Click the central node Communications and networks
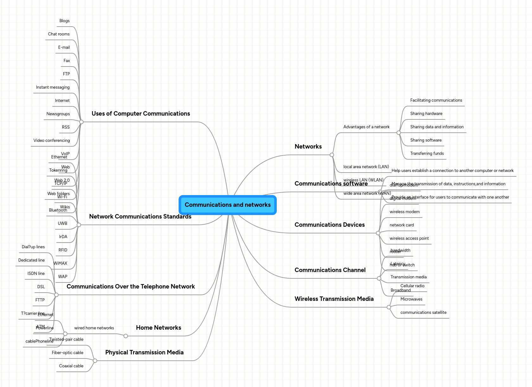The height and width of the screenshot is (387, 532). pyautogui.click(x=228, y=205)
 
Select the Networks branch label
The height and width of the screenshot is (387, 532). pyautogui.click(x=308, y=147)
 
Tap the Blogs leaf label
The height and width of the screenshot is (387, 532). pyautogui.click(x=64, y=21)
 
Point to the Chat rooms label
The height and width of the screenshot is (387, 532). pyautogui.click(x=59, y=34)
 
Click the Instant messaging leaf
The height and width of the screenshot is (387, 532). pyautogui.click(x=53, y=87)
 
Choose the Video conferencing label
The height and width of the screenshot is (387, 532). pyautogui.click(x=52, y=141)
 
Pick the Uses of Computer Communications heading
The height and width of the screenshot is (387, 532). pyautogui.click(x=141, y=114)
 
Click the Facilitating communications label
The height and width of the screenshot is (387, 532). pyautogui.click(x=436, y=100)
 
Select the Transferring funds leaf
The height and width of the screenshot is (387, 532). pyautogui.click(x=427, y=154)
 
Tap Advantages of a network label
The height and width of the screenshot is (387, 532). pyautogui.click(x=366, y=127)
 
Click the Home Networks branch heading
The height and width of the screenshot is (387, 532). pyautogui.click(x=158, y=328)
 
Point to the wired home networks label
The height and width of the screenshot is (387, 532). pyautogui.click(x=94, y=328)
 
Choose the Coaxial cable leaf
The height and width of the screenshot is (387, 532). pyautogui.click(x=71, y=366)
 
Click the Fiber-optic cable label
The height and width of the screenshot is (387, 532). pyautogui.click(x=67, y=353)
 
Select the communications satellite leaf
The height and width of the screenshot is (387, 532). pyautogui.click(x=423, y=313)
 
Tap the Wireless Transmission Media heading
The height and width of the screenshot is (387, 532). pyautogui.click(x=334, y=299)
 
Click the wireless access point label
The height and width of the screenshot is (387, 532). pyautogui.click(x=409, y=238)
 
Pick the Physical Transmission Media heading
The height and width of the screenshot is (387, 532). pyautogui.click(x=144, y=352)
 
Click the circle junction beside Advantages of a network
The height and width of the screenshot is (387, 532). pyautogui.click(x=399, y=133)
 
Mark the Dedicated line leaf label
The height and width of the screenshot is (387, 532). pyautogui.click(x=31, y=260)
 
